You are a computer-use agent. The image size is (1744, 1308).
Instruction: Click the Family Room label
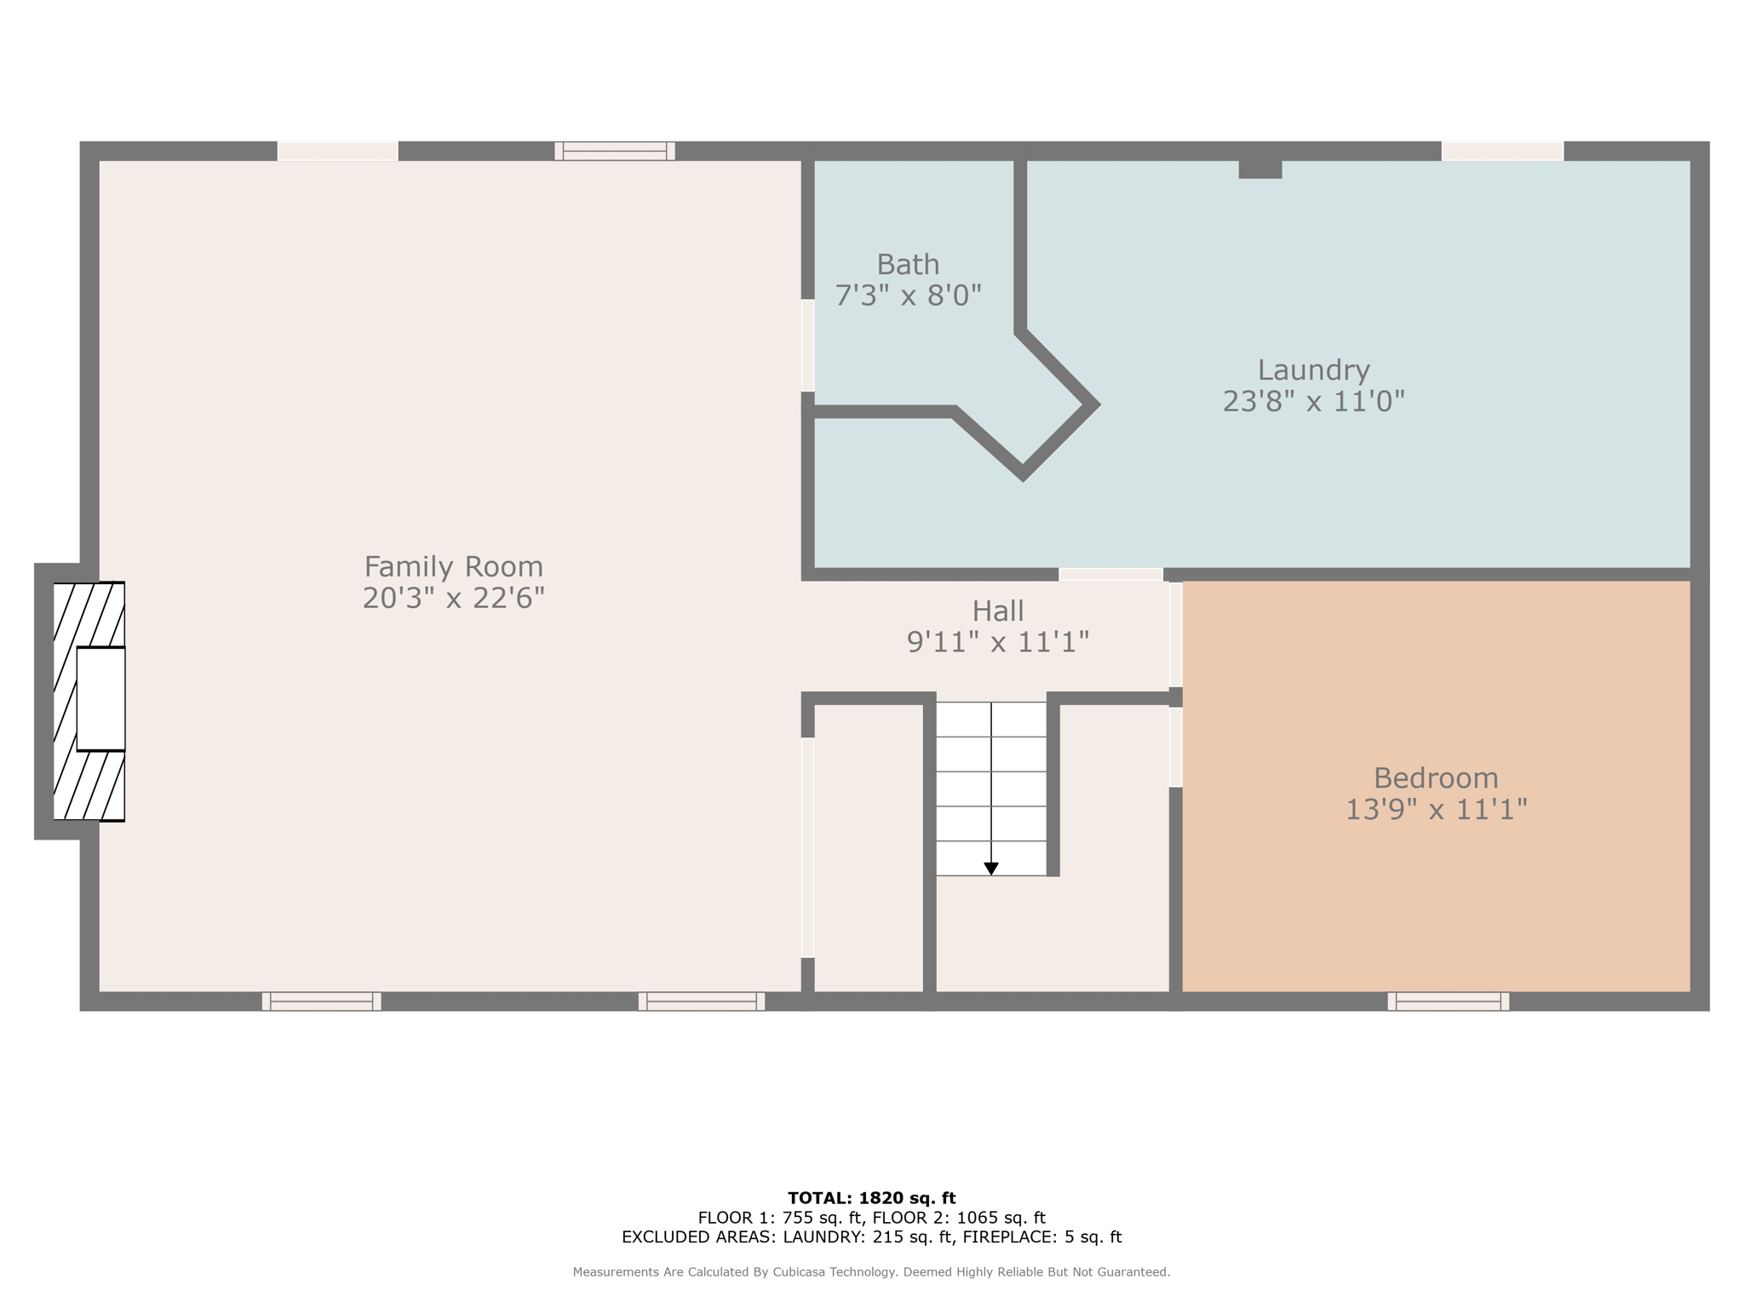(x=453, y=566)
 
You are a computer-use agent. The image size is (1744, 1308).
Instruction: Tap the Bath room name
(x=908, y=264)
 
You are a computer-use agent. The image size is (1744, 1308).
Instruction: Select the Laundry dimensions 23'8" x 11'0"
(x=1313, y=401)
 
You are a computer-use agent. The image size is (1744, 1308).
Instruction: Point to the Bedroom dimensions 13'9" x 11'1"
(x=1436, y=809)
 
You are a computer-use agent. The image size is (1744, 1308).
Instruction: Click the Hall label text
(x=998, y=611)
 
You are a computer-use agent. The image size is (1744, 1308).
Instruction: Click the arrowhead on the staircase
(x=991, y=869)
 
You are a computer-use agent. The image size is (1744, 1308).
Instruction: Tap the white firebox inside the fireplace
(x=101, y=699)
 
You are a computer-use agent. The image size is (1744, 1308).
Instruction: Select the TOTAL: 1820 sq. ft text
(x=872, y=1198)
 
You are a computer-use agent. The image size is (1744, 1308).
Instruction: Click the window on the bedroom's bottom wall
(x=1448, y=1001)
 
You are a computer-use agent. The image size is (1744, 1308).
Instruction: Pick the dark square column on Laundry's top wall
(x=1260, y=169)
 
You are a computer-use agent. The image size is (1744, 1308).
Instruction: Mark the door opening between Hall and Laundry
(x=1110, y=574)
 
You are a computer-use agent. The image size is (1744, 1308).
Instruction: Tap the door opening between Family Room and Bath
(x=807, y=345)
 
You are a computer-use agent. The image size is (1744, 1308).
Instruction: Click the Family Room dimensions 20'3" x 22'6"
(x=453, y=598)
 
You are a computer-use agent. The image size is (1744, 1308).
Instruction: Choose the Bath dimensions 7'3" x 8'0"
(x=908, y=295)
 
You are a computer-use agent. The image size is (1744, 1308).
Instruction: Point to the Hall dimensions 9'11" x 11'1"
(x=998, y=642)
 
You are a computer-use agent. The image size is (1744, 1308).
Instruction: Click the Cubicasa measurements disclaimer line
(x=871, y=1272)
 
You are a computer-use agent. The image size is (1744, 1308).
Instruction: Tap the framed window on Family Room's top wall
(x=615, y=151)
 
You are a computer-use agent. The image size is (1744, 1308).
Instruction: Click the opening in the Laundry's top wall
(x=1503, y=151)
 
